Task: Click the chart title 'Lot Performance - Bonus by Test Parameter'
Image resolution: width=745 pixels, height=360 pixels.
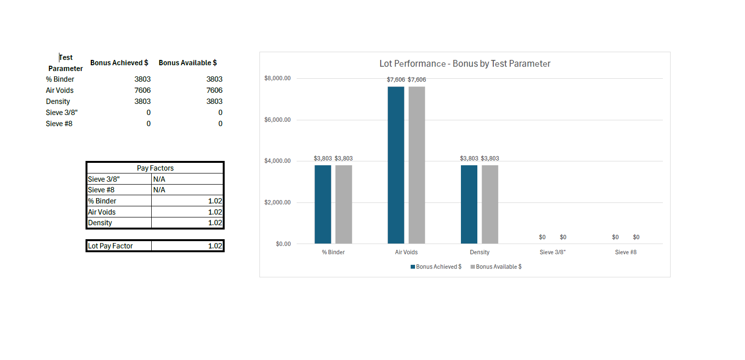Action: [x=465, y=64]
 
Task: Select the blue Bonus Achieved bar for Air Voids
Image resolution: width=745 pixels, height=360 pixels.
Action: [x=396, y=165]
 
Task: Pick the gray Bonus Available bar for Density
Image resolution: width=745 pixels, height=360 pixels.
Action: [x=489, y=204]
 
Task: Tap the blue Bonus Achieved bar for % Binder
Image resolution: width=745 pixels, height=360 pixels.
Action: [x=323, y=204]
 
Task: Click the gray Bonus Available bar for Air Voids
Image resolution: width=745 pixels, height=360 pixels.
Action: [x=416, y=165]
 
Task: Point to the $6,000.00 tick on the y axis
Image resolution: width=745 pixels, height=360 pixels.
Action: [x=277, y=120]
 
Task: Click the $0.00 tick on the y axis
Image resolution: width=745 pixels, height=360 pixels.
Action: [x=283, y=244]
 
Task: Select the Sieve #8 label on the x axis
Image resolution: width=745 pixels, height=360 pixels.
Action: [x=626, y=252]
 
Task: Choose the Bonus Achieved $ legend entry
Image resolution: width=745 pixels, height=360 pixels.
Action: [x=436, y=267]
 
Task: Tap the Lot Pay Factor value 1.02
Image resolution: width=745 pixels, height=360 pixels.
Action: [x=215, y=246]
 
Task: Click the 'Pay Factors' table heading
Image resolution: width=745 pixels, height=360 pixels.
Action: [x=155, y=168]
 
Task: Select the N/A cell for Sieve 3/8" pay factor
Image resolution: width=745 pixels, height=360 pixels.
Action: [x=159, y=179]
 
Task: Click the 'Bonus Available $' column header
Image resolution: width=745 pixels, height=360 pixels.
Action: [x=187, y=63]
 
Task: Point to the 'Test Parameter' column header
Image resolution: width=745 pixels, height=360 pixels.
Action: [x=66, y=63]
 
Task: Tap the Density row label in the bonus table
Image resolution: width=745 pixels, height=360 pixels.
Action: [x=58, y=101]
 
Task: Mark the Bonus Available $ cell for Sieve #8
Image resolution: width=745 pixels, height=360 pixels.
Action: [x=220, y=124]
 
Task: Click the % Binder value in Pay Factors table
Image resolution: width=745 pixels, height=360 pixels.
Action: [x=215, y=201]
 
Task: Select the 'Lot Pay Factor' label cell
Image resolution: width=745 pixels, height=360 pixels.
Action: [x=110, y=246]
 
